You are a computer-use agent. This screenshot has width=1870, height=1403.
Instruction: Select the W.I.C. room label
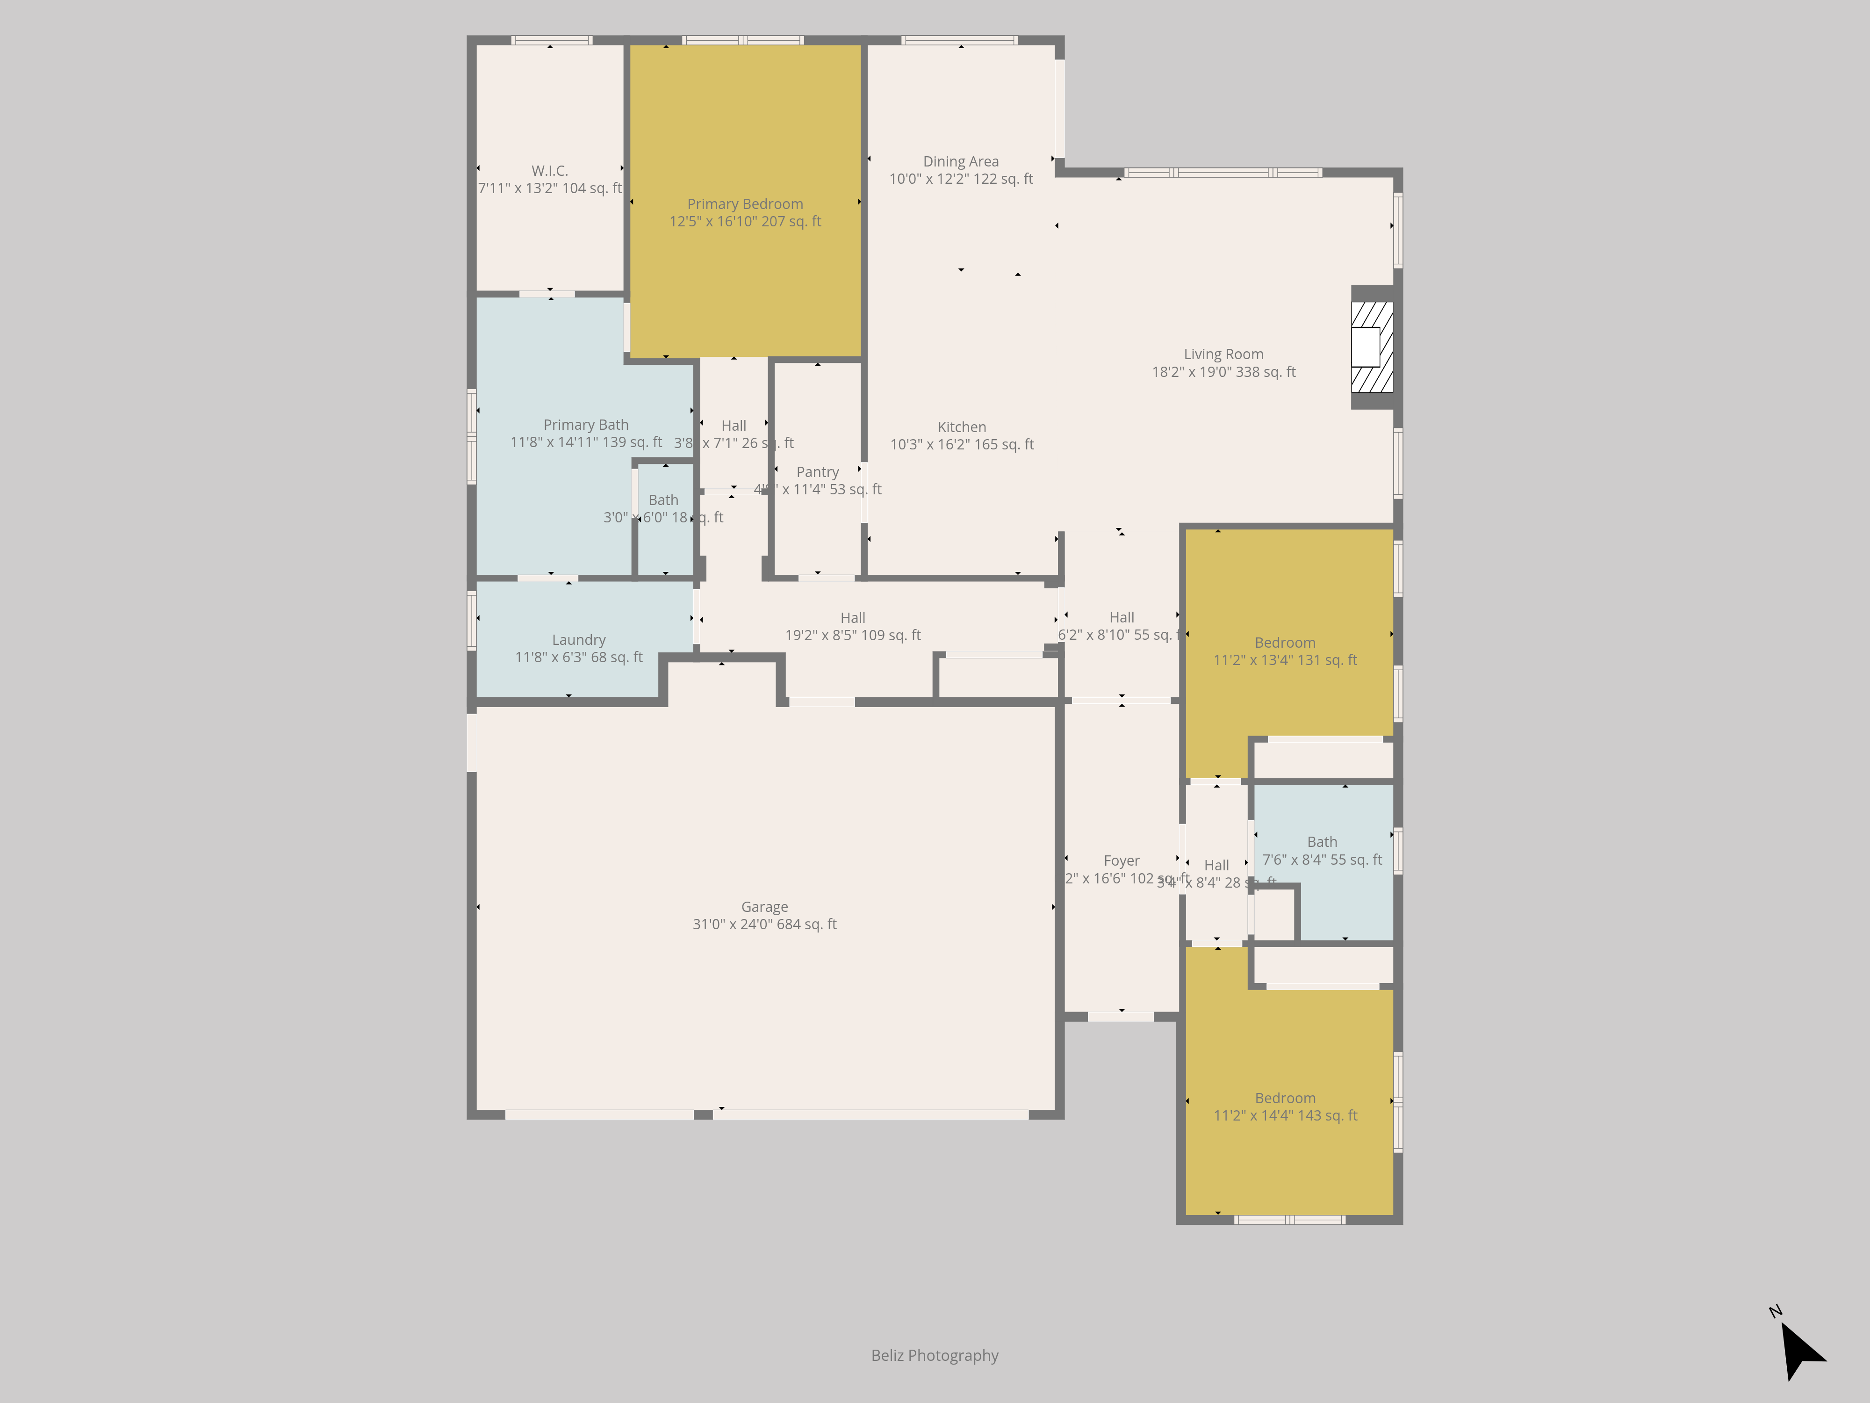(549, 171)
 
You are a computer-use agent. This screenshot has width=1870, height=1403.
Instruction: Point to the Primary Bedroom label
(745, 204)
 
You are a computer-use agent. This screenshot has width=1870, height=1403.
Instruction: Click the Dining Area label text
(960, 161)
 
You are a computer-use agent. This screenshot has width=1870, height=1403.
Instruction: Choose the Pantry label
(818, 472)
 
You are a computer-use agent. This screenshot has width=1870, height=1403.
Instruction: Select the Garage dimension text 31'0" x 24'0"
(764, 924)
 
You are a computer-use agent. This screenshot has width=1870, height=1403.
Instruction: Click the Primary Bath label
(586, 425)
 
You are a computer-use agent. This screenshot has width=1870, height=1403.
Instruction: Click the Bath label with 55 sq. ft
(1322, 842)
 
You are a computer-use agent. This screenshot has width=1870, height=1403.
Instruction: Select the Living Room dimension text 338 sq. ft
(1223, 372)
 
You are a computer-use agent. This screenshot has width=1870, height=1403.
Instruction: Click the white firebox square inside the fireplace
(1365, 347)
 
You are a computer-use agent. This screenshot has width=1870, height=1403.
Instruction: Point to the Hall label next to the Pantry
(734, 426)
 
